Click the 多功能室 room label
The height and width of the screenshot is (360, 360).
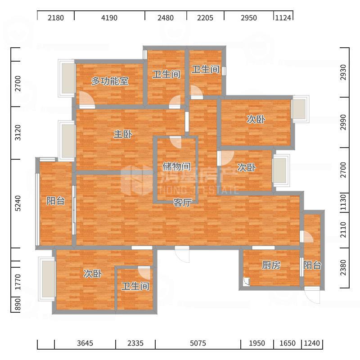pos(110,81)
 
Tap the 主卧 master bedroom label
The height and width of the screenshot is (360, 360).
pos(123,134)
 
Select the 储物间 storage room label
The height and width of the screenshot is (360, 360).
pos(176,166)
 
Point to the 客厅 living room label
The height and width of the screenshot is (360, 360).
pos(183,203)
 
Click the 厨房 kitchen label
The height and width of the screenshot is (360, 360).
pos(271,265)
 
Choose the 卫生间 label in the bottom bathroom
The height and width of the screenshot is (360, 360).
pos(135,286)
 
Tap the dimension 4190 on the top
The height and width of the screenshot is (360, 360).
pos(109,18)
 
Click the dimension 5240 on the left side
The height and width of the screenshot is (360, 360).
pos(18,203)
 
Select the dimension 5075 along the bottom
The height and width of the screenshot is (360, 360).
pos(198,343)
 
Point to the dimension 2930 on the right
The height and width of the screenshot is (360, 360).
pos(343,72)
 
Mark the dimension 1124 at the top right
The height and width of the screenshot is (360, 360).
pos(283,18)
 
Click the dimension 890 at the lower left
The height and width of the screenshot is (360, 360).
pos(18,305)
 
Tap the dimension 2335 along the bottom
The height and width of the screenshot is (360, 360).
pos(135,343)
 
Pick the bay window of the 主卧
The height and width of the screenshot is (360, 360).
pos(67,140)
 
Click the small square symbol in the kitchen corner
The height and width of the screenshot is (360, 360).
pos(246,282)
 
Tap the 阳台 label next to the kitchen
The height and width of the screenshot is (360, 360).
pos(312,265)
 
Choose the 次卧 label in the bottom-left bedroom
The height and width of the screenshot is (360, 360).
pos(93,274)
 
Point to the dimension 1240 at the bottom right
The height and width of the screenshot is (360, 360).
pos(312,343)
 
